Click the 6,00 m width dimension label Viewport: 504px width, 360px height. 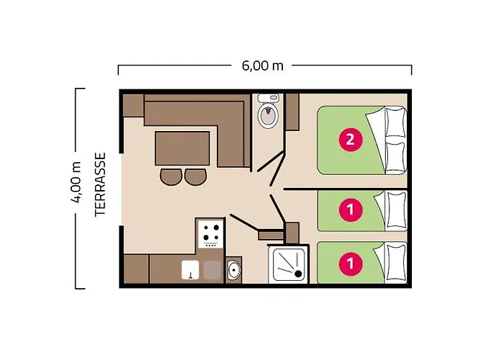(x=262, y=66)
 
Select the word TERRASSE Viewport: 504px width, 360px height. (x=101, y=185)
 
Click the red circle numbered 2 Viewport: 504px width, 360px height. (x=350, y=140)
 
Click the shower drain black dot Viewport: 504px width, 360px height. (x=298, y=274)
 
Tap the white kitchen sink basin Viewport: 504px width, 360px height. (x=190, y=270)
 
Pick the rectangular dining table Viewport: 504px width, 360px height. (x=182, y=148)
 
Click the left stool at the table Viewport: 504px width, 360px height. (x=171, y=177)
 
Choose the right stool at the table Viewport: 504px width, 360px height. (x=195, y=177)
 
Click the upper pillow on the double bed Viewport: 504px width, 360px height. (x=395, y=122)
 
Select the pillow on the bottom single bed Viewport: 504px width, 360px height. (x=396, y=262)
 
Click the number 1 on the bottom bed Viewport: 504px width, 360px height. (x=350, y=263)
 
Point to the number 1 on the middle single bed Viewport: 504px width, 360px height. (x=350, y=210)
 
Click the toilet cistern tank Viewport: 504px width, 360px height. (x=268, y=98)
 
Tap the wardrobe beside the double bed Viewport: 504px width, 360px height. (x=292, y=112)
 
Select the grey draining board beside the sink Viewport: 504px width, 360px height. (x=212, y=270)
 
